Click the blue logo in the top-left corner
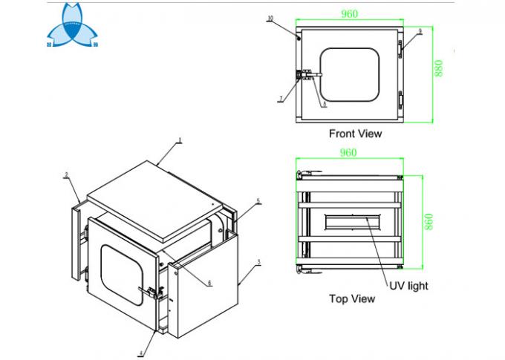tap(73, 31)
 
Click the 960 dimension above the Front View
tap(350, 13)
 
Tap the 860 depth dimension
tap(429, 220)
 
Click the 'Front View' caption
tap(355, 134)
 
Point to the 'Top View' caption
tap(352, 298)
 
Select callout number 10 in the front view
tap(270, 17)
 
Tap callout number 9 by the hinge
tap(420, 31)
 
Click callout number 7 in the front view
tap(281, 99)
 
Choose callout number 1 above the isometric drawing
tap(179, 140)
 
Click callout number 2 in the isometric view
tap(66, 175)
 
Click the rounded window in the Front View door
tap(350, 74)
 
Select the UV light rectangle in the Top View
tap(350, 221)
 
